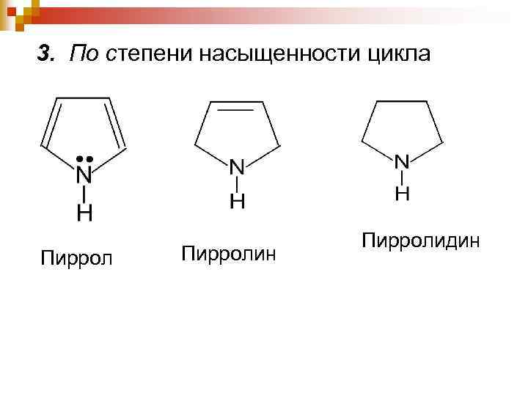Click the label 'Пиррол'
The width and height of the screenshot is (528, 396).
click(x=77, y=258)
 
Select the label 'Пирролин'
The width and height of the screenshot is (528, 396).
click(x=228, y=254)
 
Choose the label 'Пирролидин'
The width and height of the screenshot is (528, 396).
click(x=421, y=240)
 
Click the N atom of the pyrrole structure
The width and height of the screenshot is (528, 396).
click(x=85, y=176)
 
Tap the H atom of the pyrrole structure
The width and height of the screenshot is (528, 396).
click(x=85, y=213)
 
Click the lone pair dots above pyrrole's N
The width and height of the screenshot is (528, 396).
click(x=85, y=158)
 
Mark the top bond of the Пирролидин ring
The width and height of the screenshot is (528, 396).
click(x=402, y=100)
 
